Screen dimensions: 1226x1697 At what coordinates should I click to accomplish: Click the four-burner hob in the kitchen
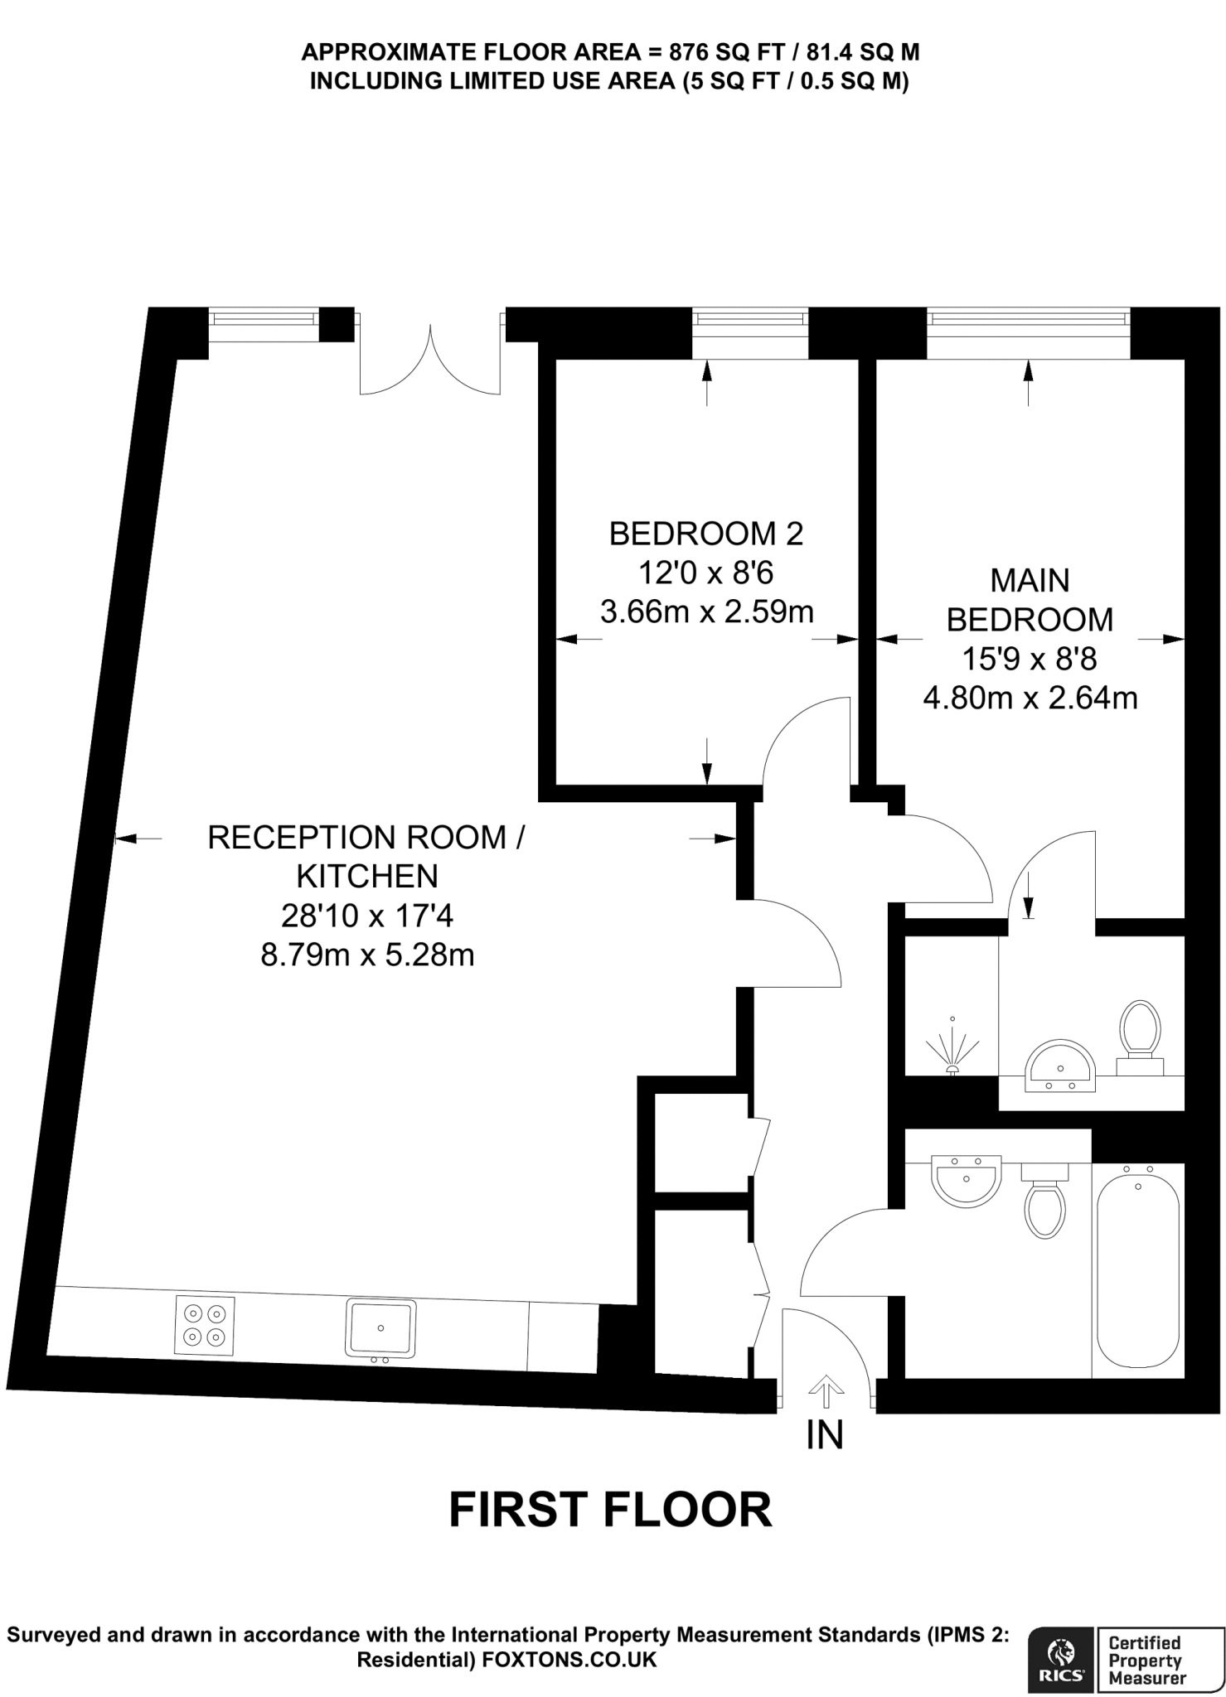point(205,1325)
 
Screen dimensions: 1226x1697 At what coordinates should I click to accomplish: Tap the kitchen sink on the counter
point(380,1330)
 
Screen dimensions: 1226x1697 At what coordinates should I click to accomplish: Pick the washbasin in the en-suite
point(1061,1066)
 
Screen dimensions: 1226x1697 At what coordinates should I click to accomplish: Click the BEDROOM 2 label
point(706,534)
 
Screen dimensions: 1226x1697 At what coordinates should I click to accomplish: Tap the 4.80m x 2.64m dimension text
point(1030,699)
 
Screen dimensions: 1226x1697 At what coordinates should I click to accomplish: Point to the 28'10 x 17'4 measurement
point(368,916)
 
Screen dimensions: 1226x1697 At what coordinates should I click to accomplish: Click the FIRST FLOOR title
point(611,1510)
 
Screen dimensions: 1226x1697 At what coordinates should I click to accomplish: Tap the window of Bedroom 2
point(750,333)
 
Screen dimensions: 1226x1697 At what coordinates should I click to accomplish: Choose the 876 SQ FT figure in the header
point(723,52)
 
